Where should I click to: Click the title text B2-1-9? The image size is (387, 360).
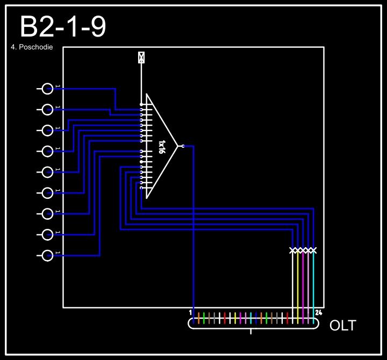pos(62,27)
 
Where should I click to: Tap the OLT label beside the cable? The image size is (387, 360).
pos(342,326)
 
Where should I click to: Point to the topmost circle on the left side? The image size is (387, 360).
pos(48,89)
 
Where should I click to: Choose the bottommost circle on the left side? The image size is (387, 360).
pos(48,255)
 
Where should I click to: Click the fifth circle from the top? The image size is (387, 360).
pos(48,172)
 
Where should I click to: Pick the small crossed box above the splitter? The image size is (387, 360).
pos(141,57)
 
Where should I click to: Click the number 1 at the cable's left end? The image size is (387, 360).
pos(190,312)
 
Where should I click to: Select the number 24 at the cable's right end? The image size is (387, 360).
pos(318,312)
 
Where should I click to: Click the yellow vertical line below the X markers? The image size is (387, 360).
pos(298,279)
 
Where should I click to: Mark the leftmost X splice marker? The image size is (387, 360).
pos(293,250)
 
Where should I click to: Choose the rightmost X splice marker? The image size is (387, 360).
pos(313,250)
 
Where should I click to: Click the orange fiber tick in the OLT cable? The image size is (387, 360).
pos(198,318)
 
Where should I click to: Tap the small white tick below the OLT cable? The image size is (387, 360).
pos(251,331)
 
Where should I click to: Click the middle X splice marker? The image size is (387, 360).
pos(303,250)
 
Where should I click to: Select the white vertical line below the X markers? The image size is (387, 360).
pos(293,279)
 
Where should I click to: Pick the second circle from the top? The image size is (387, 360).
pos(48,110)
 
